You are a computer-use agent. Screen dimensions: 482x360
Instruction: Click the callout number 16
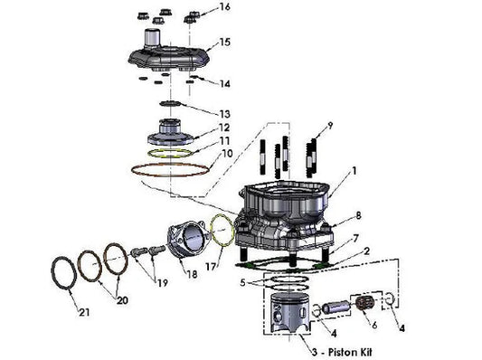click(224, 6)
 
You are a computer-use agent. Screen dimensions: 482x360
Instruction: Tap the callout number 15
click(224, 42)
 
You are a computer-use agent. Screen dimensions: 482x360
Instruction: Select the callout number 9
click(330, 126)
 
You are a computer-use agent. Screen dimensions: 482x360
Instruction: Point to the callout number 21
click(84, 312)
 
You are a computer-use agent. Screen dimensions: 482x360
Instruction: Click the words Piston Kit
click(350, 352)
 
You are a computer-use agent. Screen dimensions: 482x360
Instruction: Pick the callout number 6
click(374, 325)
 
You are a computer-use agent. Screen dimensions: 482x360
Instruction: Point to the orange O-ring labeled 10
click(170, 170)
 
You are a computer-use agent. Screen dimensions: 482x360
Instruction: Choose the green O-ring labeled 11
click(170, 153)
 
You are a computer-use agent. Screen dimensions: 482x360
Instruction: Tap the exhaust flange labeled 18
click(186, 240)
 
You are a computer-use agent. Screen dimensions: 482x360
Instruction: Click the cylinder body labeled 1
click(284, 215)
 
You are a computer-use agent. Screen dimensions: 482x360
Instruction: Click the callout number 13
click(224, 114)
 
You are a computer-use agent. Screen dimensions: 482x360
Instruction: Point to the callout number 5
click(243, 282)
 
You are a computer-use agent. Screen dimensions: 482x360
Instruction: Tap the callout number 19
click(162, 282)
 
